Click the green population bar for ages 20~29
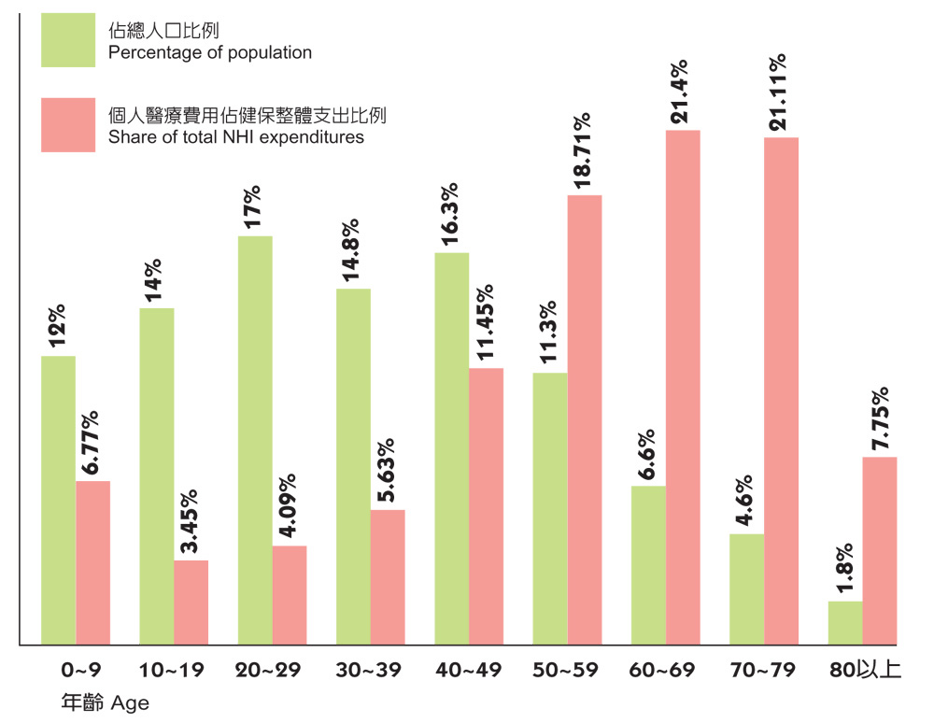point(255,440)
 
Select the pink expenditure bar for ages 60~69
point(683,387)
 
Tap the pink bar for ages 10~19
point(191,602)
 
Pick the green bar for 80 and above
point(845,623)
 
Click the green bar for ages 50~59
point(549,508)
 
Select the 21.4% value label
point(680,92)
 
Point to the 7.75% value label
point(879,418)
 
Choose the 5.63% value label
point(387,471)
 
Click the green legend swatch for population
point(68,40)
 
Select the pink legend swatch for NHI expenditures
point(68,125)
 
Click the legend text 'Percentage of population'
point(210,52)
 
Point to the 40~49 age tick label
point(468,671)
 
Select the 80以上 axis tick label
point(865,671)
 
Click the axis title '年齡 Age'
point(105,702)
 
